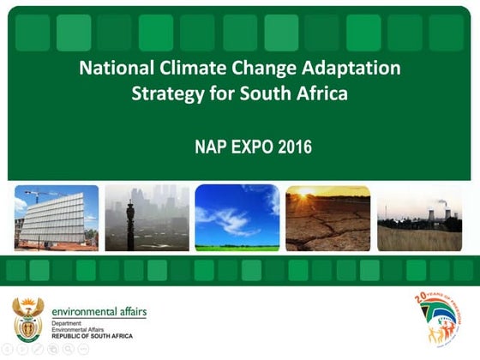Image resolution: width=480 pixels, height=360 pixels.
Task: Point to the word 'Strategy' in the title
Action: coord(166,93)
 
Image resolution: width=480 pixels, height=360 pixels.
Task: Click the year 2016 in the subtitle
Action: coord(294,147)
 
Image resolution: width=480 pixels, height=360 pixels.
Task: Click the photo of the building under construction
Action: coord(56,218)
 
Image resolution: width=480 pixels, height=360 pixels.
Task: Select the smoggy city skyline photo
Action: coord(147,218)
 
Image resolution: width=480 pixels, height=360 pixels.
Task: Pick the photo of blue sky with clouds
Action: coord(237,218)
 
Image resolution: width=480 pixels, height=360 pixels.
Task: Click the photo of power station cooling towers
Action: coord(419,218)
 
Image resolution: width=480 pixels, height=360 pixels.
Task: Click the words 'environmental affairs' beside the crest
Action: coord(99,311)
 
